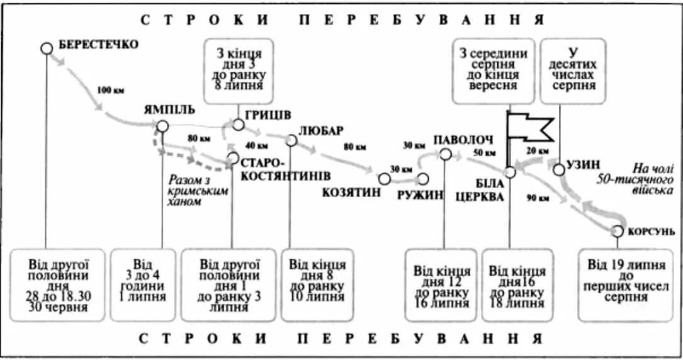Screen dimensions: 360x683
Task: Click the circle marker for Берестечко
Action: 47,48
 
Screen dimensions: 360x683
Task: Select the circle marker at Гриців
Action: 238,125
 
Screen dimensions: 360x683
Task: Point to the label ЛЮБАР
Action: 321,130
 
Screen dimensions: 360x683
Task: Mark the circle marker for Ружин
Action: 422,179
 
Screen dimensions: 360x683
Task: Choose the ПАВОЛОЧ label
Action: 463,139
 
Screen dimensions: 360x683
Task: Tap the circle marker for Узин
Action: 558,169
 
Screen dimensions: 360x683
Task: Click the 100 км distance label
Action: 110,89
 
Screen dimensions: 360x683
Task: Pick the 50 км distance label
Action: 484,152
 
